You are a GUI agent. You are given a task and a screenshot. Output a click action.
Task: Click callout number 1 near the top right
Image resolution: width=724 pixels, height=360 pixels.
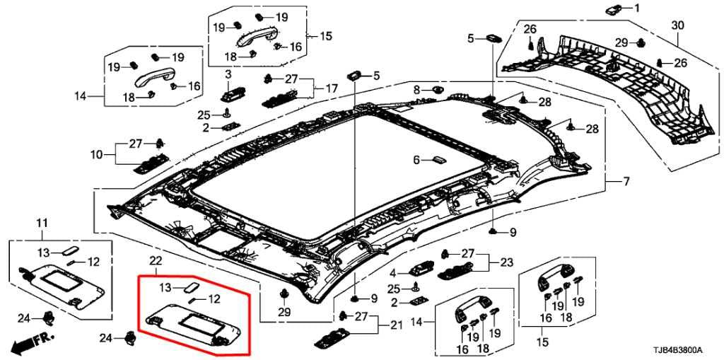636,8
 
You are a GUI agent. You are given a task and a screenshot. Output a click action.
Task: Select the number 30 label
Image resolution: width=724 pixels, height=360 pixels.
677,25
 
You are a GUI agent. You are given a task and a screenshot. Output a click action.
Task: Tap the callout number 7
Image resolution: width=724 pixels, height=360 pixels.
626,183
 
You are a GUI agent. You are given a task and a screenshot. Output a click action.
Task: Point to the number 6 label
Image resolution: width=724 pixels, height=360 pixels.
417,160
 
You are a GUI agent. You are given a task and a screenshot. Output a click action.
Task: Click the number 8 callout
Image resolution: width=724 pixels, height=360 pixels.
417,90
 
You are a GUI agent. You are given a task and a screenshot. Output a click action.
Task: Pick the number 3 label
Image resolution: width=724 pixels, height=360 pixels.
229,74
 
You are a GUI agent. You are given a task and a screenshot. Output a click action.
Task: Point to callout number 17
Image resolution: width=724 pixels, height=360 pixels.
331,89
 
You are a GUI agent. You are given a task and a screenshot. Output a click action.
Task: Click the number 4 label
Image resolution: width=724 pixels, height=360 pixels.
393,272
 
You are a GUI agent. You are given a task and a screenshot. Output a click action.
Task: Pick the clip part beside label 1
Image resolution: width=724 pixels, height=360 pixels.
612,8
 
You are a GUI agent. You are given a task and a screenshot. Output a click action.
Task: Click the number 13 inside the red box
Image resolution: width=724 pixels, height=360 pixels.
164,286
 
